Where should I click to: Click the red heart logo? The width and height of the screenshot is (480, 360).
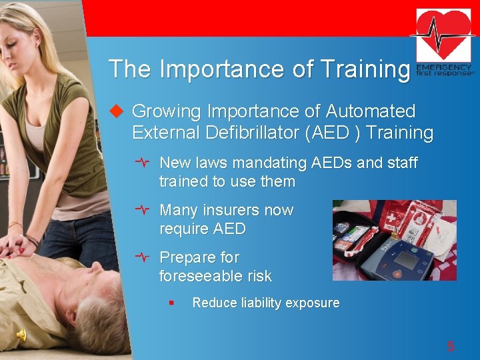tap(443, 35)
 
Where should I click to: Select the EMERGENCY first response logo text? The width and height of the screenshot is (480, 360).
tap(444, 71)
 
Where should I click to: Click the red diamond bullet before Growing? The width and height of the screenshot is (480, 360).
tap(117, 111)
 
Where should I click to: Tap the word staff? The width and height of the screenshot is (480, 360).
tap(401, 163)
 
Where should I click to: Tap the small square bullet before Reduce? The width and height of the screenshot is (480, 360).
tap(171, 303)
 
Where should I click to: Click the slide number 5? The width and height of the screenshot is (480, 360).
tap(451, 346)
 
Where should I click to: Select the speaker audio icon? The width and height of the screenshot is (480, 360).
tap(22, 335)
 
